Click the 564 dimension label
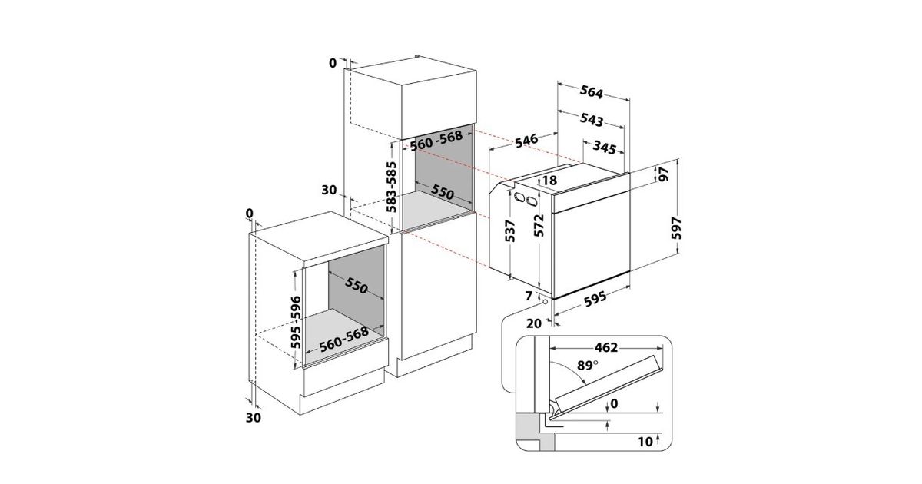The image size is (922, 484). (x=592, y=92)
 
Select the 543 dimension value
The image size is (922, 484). (x=592, y=119)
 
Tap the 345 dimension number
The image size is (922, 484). (x=605, y=148)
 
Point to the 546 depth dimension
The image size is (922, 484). (x=526, y=140)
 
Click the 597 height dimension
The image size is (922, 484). (x=676, y=228)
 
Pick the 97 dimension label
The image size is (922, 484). (x=664, y=174)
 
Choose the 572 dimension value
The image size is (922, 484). (x=539, y=226)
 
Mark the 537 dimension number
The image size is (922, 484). (x=510, y=231)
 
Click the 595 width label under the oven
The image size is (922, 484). (x=595, y=299)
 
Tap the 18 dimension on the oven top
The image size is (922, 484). (x=549, y=181)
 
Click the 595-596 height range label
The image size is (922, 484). (x=296, y=322)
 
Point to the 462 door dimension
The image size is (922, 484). (x=606, y=348)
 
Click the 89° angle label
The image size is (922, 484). (x=587, y=365)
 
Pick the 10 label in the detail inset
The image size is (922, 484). (x=645, y=442)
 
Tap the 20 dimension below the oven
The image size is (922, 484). (x=534, y=324)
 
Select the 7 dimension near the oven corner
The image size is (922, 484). (x=529, y=296)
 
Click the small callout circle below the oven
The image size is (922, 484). (x=546, y=302)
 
